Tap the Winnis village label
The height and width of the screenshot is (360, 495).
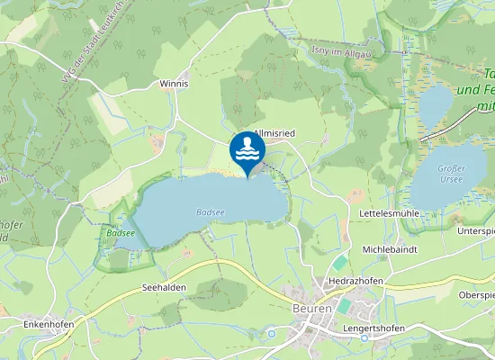tap(174, 84)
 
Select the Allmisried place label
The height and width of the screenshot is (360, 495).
tap(274, 132)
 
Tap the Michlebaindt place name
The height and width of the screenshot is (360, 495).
tap(391, 247)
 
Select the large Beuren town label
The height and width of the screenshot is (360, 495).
tap(311, 308)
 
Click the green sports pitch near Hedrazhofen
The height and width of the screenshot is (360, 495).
tap(339, 263)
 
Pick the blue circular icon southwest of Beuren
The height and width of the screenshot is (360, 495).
tap(272, 334)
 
